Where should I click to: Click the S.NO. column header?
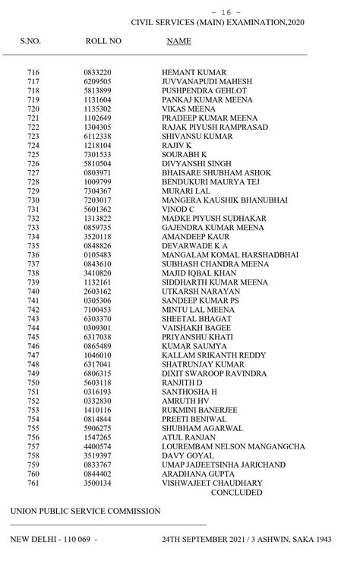click(x=31, y=39)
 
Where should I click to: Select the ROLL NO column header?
click(x=103, y=39)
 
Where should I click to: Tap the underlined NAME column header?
click(x=178, y=39)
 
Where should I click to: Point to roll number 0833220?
click(x=97, y=72)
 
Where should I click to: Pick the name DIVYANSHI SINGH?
click(x=197, y=163)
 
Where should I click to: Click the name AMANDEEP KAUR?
click(x=196, y=236)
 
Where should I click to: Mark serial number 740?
click(x=33, y=291)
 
